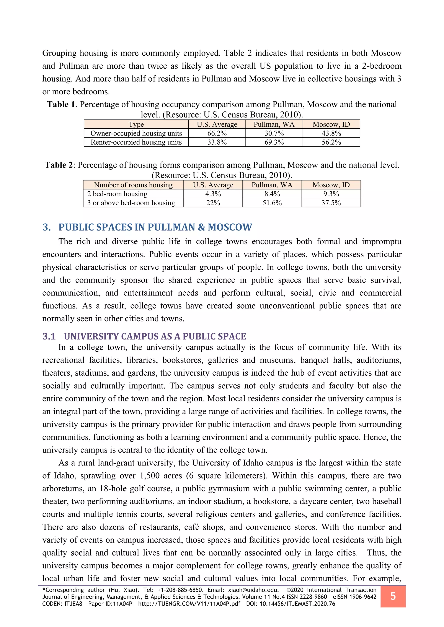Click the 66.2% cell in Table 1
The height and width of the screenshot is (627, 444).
pos(217,133)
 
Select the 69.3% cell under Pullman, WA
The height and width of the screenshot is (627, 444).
pos(274,142)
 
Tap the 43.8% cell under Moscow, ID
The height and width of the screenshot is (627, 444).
pos(331,133)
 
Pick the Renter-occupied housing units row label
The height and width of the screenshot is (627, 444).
pos(136,142)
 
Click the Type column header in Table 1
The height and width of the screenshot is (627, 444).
pos(136,124)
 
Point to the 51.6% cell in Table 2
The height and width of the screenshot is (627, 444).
pos(272,203)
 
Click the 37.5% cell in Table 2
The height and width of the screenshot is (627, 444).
pos(331,203)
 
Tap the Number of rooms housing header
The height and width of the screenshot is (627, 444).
pos(133,185)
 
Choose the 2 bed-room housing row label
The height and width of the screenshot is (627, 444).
pos(117,194)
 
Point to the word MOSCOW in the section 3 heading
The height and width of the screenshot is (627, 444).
pos(230,227)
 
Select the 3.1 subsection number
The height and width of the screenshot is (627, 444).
pos(49,336)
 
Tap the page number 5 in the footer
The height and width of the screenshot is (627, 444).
pos(393,596)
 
